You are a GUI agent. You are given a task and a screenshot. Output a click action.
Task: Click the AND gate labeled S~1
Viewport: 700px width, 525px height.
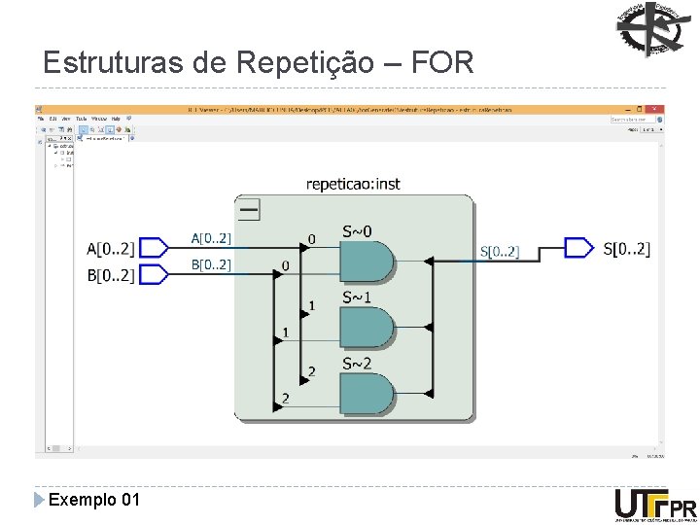[x=366, y=328]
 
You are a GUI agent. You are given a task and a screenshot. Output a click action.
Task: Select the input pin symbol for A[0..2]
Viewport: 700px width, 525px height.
[x=156, y=248]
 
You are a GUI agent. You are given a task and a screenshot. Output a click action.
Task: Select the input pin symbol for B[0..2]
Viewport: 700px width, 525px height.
[x=156, y=275]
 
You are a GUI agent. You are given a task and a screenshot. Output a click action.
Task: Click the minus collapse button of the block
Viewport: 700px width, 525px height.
[x=249, y=208]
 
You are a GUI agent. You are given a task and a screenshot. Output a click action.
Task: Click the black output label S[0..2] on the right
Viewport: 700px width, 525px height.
[x=627, y=249]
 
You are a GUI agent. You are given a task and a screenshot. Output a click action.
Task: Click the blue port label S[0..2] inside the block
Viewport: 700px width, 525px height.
[x=500, y=252]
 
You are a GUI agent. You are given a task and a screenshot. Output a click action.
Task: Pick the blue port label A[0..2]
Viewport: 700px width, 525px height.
[x=211, y=238]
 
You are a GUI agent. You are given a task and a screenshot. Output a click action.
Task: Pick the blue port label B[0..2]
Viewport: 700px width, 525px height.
[x=211, y=264]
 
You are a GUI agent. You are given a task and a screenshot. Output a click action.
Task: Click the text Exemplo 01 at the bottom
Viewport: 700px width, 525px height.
[x=94, y=500]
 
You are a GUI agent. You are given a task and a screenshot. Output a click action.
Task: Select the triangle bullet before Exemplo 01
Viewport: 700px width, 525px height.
[x=39, y=500]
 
